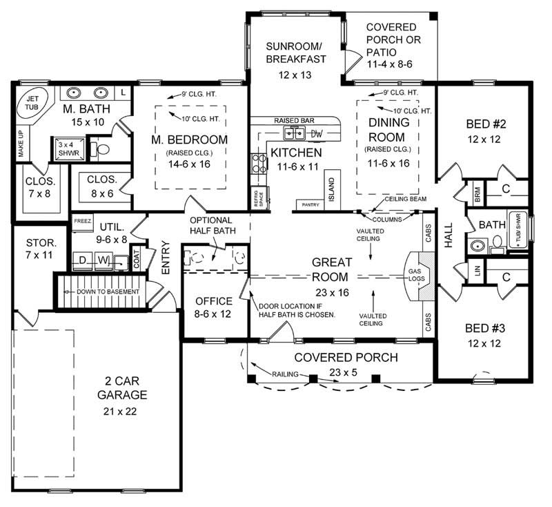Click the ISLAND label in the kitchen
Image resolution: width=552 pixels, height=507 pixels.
(332, 188)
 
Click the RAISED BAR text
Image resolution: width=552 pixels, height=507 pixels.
(295, 120)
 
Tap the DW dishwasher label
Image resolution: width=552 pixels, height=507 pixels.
(317, 133)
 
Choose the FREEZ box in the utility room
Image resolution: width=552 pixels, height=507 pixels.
(82, 220)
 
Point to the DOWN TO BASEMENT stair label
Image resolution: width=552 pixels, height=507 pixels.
(103, 291)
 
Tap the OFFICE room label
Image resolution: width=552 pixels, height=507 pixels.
(213, 301)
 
